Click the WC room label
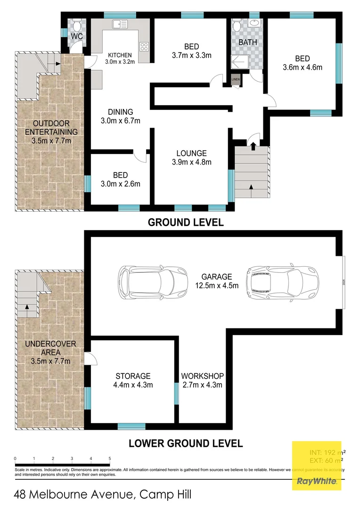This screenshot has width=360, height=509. (x=77, y=36)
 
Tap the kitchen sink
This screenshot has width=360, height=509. (x=118, y=24)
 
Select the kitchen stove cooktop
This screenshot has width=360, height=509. (x=144, y=47)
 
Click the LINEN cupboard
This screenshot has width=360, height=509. (x=236, y=80)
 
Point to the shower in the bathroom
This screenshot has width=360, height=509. (x=238, y=61)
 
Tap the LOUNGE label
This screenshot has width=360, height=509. (x=191, y=153)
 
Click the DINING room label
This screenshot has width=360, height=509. (x=120, y=112)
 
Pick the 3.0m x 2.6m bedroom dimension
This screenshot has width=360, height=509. (x=120, y=184)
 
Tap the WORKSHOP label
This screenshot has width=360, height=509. (x=202, y=376)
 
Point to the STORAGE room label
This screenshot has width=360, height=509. (x=133, y=376)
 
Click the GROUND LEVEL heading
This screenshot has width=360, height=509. (x=186, y=222)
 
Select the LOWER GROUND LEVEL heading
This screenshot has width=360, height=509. (x=186, y=443)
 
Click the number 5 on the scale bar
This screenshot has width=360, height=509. (x=110, y=458)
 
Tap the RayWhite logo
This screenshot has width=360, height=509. (x=316, y=481)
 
